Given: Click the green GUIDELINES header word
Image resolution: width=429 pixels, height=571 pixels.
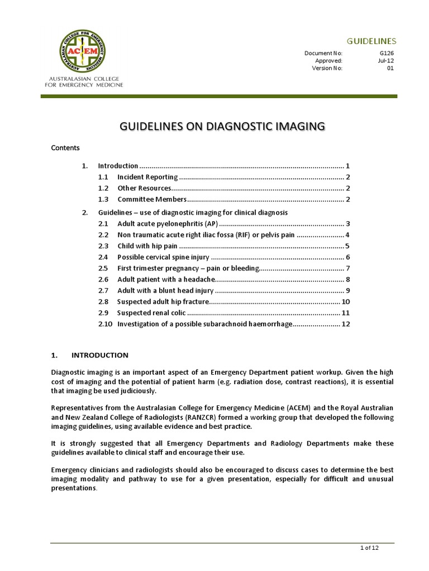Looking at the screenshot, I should click(371, 41).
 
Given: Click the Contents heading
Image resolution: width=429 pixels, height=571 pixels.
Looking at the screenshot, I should click(65, 148).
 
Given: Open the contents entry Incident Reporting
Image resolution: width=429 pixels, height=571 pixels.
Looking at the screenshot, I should click(147, 177).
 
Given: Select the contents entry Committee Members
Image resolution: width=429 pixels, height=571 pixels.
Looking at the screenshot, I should click(151, 199).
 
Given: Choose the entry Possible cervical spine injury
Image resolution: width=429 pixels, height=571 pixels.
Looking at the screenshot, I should click(163, 257).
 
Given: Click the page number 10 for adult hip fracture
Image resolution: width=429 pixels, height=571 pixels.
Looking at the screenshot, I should click(345, 302).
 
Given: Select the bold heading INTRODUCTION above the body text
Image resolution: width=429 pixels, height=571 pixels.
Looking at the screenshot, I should click(100, 355).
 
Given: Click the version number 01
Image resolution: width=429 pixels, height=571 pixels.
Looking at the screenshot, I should click(390, 69).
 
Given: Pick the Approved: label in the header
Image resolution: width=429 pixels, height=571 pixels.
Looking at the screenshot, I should click(329, 61).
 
